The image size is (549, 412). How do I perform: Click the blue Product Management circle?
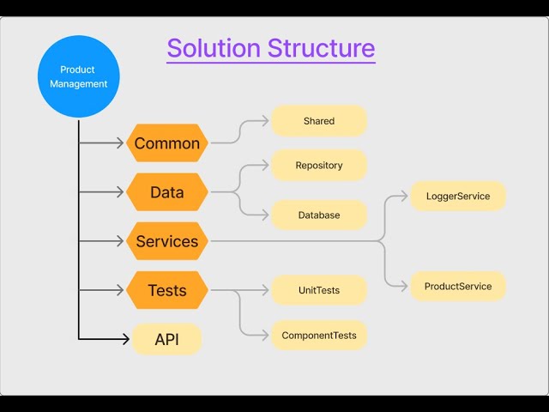78,76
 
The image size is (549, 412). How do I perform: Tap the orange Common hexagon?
167,143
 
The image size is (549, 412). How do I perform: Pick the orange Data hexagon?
167,192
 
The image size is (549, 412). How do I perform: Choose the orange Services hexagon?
167,241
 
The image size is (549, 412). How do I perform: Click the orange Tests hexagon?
167,290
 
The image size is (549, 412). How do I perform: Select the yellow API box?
167,339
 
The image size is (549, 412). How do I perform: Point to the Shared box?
319,121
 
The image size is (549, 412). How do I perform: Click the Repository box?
319,166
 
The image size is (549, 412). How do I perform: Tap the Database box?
319,215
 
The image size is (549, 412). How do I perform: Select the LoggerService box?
458,197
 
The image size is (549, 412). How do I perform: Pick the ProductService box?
458,286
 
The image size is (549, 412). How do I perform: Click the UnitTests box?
319,290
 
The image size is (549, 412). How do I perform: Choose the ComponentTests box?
319,335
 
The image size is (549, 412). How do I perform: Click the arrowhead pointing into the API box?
126,339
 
